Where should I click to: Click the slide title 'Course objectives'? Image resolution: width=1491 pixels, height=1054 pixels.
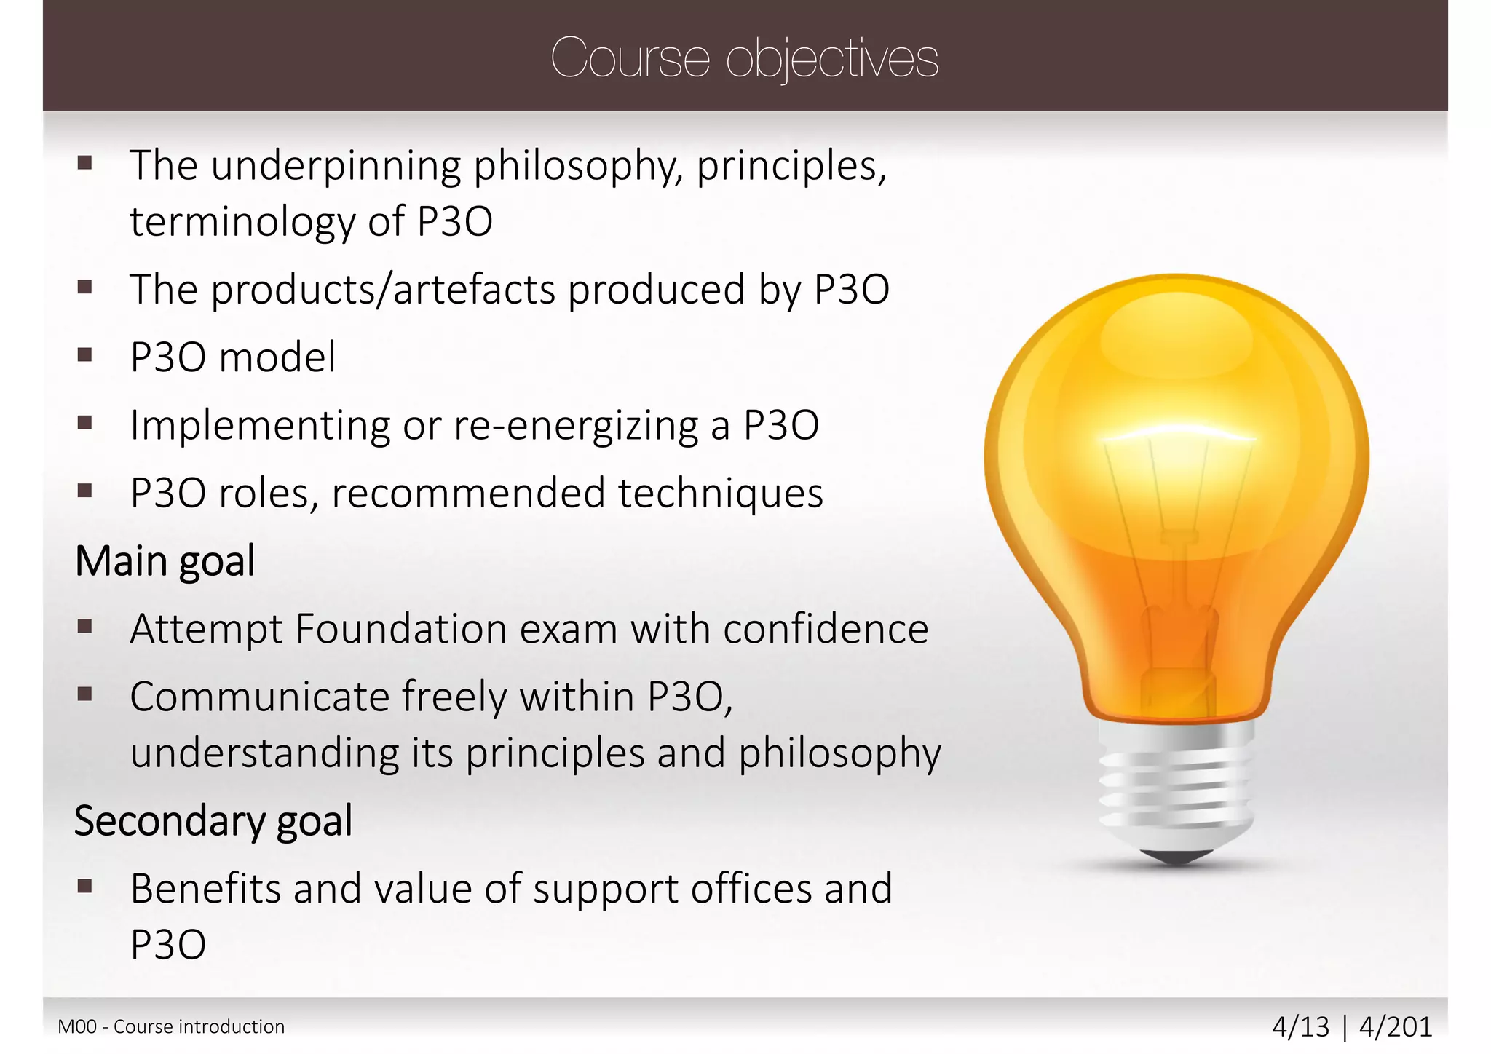coord(744,58)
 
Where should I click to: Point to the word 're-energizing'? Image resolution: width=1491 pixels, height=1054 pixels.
coord(576,425)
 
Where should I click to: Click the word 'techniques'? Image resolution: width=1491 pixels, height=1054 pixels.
coord(721,493)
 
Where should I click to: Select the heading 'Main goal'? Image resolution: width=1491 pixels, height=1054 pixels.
coord(165,561)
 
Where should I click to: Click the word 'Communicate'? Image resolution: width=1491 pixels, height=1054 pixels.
coord(260,697)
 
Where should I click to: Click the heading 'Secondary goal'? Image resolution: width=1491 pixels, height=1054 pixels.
coord(213,821)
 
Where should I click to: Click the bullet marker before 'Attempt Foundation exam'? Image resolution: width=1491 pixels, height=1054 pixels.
coord(85,626)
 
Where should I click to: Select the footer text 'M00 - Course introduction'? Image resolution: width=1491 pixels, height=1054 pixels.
coord(171,1027)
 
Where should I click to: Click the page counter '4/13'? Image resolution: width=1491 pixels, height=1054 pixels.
coord(1300,1027)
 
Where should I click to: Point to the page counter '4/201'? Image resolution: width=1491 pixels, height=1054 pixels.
coord(1396,1027)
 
